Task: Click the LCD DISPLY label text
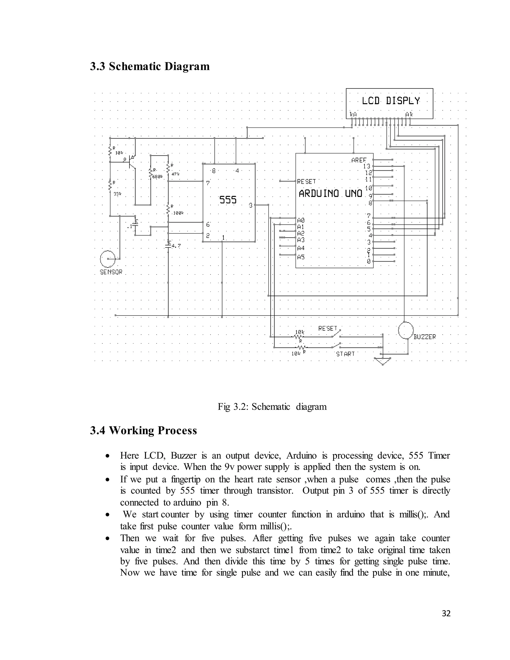[x=391, y=101]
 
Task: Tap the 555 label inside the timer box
[x=228, y=200]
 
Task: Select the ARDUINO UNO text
[x=330, y=194]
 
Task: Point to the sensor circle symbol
[x=108, y=259]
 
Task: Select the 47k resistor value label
[x=176, y=174]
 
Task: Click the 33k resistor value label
[x=117, y=194]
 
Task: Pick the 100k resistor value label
[x=178, y=213]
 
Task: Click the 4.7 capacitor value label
[x=176, y=246]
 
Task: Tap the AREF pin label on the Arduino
[x=359, y=160]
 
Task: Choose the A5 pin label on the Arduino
[x=301, y=257]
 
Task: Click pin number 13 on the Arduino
[x=367, y=166]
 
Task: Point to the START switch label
[x=345, y=354]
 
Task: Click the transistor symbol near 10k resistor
[x=131, y=162]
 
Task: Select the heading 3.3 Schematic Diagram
[x=150, y=66]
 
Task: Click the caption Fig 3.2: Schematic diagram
[x=272, y=406]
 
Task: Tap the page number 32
[x=446, y=613]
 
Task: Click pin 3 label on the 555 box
[x=251, y=205]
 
